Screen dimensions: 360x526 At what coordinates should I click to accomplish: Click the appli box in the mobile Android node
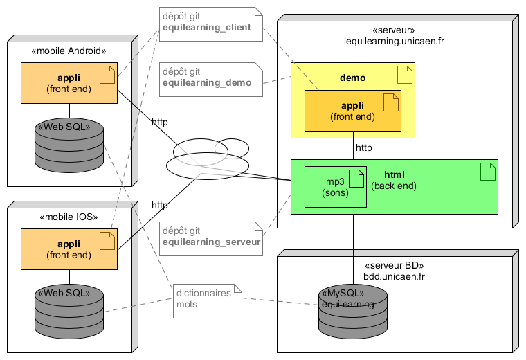tap(69, 83)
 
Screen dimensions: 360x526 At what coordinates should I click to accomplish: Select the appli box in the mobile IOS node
tap(69, 249)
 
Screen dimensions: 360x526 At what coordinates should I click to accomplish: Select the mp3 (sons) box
tap(336, 187)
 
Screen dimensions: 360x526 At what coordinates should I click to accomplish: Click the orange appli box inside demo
tap(353, 111)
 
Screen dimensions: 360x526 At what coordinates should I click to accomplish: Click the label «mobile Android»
tap(69, 51)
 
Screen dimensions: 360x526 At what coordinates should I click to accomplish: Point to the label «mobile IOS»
tap(69, 217)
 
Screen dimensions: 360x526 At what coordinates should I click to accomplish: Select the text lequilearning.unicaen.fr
tap(394, 41)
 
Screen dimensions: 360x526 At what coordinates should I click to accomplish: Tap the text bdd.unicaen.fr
tap(394, 276)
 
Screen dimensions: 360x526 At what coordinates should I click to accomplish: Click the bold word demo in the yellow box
tap(353, 78)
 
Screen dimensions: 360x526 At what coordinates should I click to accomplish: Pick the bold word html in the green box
tap(394, 174)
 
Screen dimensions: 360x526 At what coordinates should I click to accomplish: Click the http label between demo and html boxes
tap(364, 148)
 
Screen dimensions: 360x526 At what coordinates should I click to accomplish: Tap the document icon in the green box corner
tap(488, 172)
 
